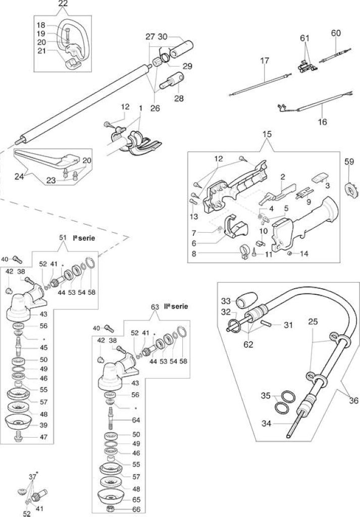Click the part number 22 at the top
63,4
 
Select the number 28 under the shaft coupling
179,98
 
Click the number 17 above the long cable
265,61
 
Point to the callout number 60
336,33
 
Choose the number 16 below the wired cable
323,122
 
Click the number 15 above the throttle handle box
267,134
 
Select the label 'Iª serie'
84,238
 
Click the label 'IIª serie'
176,306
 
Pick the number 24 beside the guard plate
20,177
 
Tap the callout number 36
354,400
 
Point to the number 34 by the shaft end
267,423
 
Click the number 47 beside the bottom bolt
43,437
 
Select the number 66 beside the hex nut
136,509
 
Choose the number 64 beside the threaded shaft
136,420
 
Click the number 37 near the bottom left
33,477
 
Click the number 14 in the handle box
304,254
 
